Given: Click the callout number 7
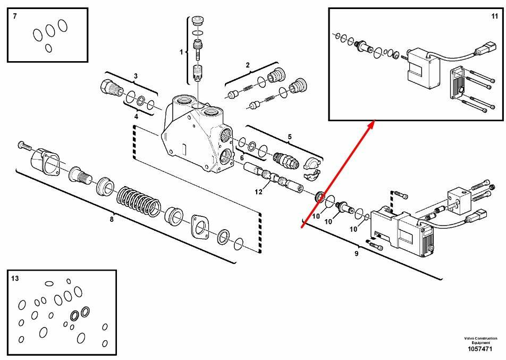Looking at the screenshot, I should point(15,16).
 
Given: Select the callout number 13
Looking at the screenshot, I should point(15,278).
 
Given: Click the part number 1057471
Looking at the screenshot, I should point(480,349).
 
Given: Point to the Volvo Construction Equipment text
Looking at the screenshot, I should point(480,340).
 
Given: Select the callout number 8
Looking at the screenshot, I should point(112,219).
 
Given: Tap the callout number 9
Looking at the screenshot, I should point(356,254).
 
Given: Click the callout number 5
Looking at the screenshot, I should point(290,137).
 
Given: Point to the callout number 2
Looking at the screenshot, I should point(248,65).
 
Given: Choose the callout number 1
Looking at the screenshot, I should point(181,52).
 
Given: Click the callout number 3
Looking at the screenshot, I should point(136,77).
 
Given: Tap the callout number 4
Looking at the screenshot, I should point(136,116).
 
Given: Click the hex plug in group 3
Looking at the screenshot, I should point(111,87).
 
